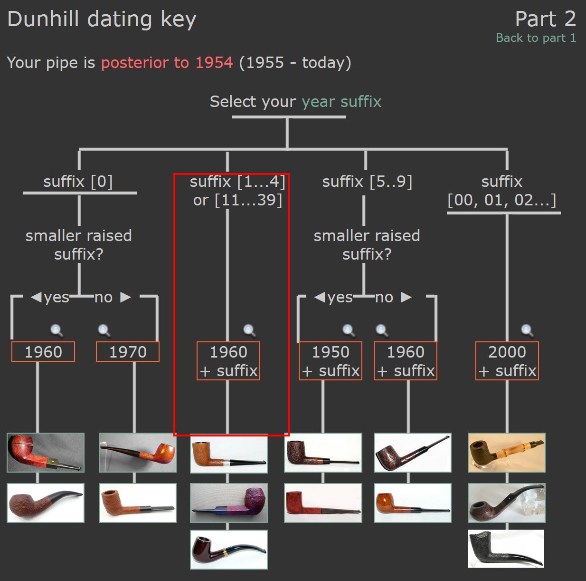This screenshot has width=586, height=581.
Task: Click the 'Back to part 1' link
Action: point(536,38)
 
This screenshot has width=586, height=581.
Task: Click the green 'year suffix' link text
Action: point(341,102)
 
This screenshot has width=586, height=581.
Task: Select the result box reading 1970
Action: point(128,352)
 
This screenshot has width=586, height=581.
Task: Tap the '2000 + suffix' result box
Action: point(507,361)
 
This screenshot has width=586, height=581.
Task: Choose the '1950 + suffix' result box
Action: point(331,361)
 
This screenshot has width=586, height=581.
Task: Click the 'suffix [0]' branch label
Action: point(78,182)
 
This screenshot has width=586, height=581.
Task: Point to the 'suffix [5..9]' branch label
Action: point(368,182)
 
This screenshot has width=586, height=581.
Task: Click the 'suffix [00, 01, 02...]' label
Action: point(502,191)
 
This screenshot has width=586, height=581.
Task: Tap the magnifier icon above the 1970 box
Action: point(104,330)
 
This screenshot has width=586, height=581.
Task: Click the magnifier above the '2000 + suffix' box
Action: point(527,330)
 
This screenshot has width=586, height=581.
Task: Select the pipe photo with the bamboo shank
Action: point(506,453)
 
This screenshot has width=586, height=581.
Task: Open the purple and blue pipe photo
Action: point(229,503)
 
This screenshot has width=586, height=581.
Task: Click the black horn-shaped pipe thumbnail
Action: point(506,549)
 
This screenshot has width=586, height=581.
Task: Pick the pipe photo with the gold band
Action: point(229,550)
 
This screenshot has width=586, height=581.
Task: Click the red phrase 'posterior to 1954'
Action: point(167,63)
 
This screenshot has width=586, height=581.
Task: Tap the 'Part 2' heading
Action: point(546,19)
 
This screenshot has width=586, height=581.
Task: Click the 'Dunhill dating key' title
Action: point(102,19)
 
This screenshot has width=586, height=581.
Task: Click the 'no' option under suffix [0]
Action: point(104,298)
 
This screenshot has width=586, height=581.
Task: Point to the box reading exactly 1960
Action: point(43,352)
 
